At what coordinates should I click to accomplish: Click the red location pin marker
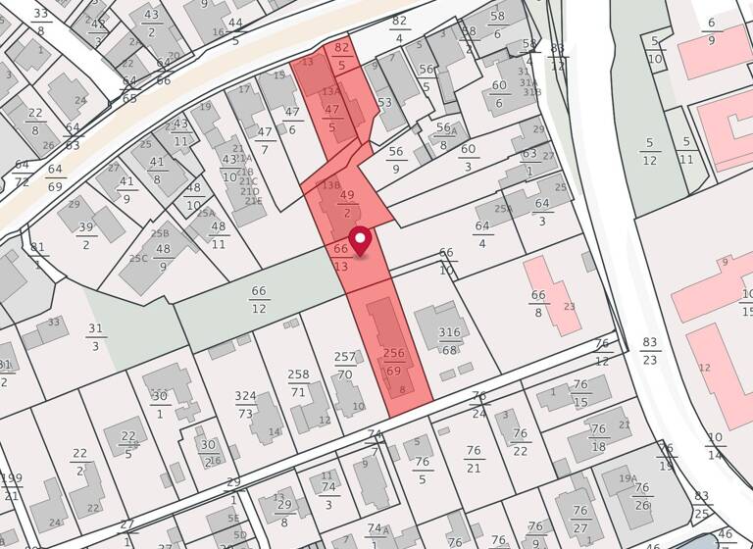click(361, 239)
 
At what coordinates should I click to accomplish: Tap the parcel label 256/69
click(393, 361)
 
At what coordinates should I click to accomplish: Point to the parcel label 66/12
click(259, 299)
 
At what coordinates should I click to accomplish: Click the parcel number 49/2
click(346, 203)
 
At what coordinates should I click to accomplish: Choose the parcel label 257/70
click(345, 366)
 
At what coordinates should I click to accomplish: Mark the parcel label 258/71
click(299, 382)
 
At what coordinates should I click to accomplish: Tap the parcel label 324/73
click(245, 405)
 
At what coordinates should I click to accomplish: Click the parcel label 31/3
click(95, 337)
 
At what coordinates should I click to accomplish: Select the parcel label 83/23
click(650, 351)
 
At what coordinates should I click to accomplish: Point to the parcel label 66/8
click(538, 303)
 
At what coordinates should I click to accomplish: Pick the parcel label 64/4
click(481, 234)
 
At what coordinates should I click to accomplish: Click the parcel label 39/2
click(86, 235)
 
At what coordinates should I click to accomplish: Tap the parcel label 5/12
click(649, 152)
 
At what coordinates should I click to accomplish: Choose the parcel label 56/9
click(396, 160)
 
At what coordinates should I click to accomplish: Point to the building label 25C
click(138, 259)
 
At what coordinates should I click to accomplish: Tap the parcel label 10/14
click(715, 445)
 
